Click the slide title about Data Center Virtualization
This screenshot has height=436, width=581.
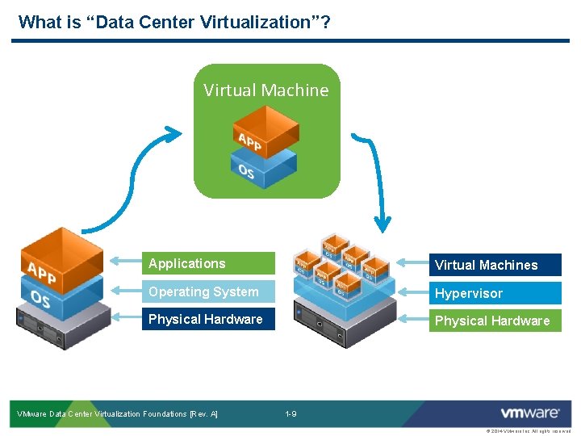[173, 22]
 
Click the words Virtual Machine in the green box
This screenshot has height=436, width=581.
[266, 90]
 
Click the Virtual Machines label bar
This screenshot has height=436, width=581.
[494, 265]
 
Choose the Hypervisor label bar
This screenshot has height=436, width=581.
[494, 293]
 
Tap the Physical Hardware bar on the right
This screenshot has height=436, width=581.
[494, 321]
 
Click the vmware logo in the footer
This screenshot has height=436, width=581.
[529, 413]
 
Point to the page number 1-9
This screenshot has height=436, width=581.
[290, 414]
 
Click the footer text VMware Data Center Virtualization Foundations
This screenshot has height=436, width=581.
[118, 414]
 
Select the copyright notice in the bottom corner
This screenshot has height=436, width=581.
[529, 431]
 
